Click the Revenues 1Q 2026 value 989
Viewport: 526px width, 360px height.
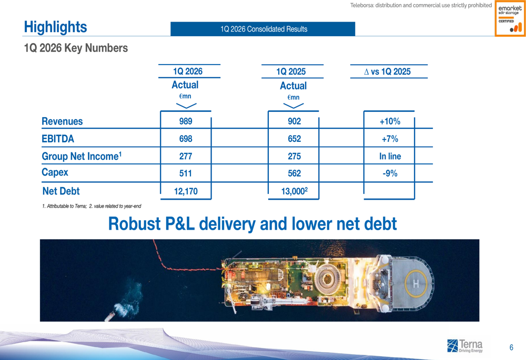click(186, 121)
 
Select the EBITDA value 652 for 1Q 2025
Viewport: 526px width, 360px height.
click(294, 139)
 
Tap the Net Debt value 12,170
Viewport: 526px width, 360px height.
click(186, 191)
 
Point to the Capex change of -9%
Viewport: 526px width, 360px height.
click(390, 173)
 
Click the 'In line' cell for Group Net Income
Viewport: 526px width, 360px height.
click(390, 156)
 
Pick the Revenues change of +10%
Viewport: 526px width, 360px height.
click(390, 121)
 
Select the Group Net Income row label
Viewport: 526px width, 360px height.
click(82, 156)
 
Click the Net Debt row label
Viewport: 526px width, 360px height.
click(60, 191)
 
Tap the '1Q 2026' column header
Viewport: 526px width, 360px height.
click(188, 71)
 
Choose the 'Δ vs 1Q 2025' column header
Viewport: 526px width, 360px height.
click(388, 71)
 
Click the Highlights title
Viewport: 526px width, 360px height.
click(55, 27)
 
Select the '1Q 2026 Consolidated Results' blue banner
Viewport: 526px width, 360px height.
click(262, 29)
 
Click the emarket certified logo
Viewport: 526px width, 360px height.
click(510, 18)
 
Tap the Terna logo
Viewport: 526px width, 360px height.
click(465, 346)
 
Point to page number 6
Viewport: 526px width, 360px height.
click(511, 347)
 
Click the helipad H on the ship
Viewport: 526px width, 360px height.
click(416, 284)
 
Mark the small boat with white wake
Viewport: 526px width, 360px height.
click(110, 316)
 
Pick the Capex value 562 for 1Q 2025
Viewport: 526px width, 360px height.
click(294, 173)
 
